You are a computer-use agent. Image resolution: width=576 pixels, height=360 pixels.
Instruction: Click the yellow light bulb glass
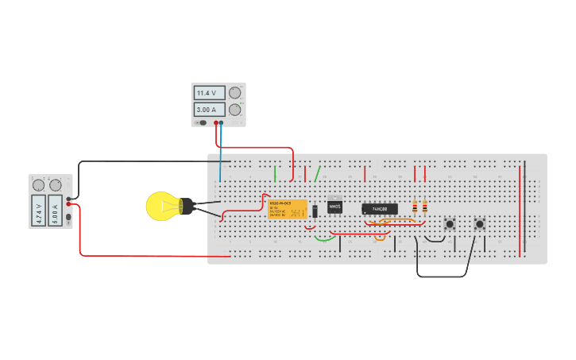161,206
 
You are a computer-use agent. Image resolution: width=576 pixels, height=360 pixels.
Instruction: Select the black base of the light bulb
186,207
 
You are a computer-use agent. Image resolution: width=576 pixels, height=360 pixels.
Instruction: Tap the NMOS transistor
335,206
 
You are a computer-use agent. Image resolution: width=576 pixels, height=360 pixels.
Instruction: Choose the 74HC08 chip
380,209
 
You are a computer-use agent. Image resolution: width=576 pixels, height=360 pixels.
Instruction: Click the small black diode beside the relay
315,211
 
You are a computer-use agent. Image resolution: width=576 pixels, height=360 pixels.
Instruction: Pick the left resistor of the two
415,207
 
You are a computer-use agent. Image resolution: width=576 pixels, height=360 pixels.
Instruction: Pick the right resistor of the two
424,207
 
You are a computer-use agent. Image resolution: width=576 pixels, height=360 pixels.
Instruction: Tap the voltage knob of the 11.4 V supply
234,93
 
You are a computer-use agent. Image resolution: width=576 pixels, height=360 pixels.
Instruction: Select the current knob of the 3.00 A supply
234,110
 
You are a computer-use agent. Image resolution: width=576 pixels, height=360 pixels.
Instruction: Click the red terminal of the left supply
69,204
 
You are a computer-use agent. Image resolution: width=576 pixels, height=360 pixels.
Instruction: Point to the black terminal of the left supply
69,199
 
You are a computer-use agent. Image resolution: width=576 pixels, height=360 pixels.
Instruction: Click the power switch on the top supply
203,122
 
